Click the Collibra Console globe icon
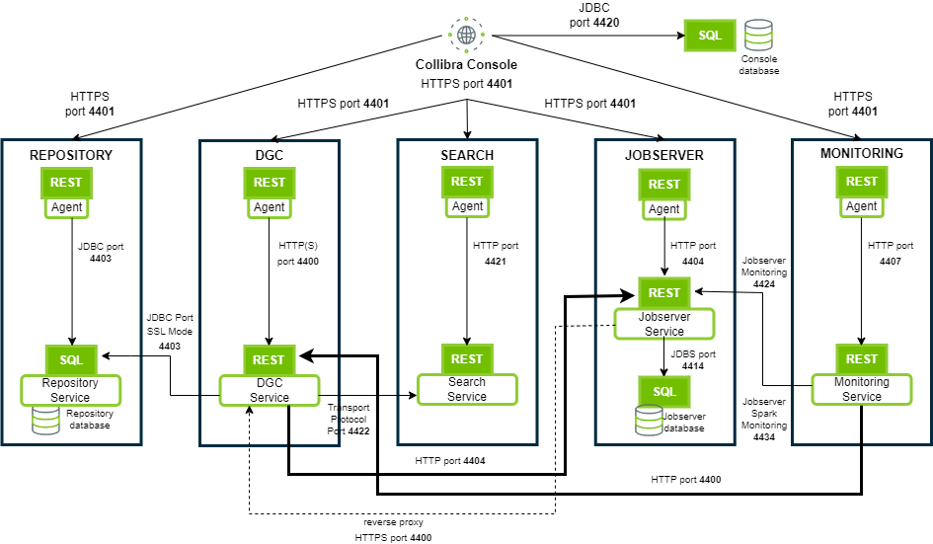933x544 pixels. (x=466, y=35)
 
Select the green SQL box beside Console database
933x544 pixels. (x=710, y=36)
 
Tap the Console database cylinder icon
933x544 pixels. (x=759, y=35)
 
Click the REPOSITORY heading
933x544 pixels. (x=71, y=155)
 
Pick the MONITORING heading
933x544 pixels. (x=861, y=153)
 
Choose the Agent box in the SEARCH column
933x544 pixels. (x=467, y=206)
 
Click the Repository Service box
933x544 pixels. (x=71, y=389)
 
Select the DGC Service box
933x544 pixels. (x=269, y=389)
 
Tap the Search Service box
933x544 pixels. (x=467, y=389)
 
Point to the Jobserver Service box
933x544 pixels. (x=664, y=324)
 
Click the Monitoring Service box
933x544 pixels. (x=862, y=389)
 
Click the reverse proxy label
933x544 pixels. (x=393, y=521)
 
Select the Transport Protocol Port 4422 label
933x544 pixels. (x=349, y=418)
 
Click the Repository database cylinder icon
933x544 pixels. (x=45, y=420)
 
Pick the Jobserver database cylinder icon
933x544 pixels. (x=647, y=421)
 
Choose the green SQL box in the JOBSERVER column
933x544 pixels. (x=664, y=391)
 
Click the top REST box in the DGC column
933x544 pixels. (x=269, y=182)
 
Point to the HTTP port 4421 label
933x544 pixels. (x=495, y=254)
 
